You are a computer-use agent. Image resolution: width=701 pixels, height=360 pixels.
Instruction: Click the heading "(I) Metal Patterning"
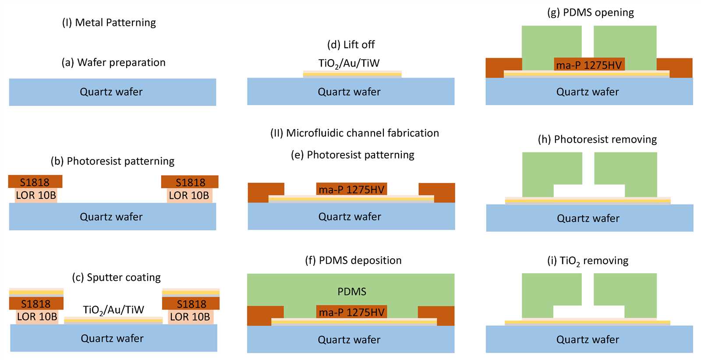pos(109,23)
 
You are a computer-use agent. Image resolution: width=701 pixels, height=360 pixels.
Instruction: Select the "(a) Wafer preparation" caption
pos(113,63)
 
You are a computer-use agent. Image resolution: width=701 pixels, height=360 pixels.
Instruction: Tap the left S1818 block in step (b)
pos(35,182)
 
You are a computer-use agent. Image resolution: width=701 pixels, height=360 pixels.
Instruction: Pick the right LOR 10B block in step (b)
pos(189,195)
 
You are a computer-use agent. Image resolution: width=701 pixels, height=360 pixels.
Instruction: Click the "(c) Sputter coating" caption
pos(116,277)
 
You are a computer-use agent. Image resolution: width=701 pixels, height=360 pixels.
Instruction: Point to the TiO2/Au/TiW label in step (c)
pos(113,310)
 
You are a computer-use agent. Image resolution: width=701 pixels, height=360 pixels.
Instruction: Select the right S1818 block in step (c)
pos(191,304)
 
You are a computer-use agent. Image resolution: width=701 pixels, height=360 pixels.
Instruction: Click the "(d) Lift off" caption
pos(351,45)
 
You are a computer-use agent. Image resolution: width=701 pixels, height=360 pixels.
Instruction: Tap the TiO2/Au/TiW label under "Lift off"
pos(349,64)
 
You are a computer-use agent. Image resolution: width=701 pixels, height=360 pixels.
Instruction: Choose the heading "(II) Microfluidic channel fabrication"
pos(354,133)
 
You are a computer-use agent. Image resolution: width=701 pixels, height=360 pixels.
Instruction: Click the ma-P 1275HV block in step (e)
pos(351,189)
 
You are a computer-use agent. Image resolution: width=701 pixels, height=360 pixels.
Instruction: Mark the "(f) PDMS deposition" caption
pos(353,261)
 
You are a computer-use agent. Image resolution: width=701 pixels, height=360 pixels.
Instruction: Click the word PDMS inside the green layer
pos(352,292)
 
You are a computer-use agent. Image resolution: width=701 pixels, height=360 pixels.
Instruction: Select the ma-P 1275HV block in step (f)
pos(351,312)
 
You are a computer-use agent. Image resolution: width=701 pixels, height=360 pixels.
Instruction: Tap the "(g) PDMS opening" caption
pos(591,13)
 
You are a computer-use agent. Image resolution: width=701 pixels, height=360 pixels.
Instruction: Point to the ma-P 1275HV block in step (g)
pos(589,64)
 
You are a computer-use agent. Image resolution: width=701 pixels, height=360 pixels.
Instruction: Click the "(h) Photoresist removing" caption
pos(597,140)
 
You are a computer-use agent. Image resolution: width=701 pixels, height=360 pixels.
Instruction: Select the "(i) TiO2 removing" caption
pos(588,261)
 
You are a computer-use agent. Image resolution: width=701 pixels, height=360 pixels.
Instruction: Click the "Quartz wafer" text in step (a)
pos(111,92)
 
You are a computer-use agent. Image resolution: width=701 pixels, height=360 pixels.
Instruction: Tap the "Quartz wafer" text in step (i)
pos(588,340)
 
